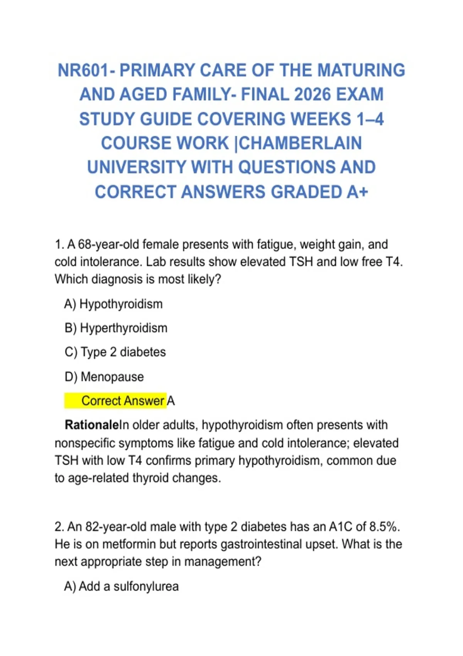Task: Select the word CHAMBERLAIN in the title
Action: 301,143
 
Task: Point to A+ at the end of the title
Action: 357,192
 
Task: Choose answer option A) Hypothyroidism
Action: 113,304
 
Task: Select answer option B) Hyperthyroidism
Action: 116,328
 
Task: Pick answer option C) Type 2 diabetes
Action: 115,352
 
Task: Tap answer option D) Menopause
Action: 104,377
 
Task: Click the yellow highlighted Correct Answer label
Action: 123,401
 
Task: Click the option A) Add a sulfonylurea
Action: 122,587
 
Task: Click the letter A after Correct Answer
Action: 171,401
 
